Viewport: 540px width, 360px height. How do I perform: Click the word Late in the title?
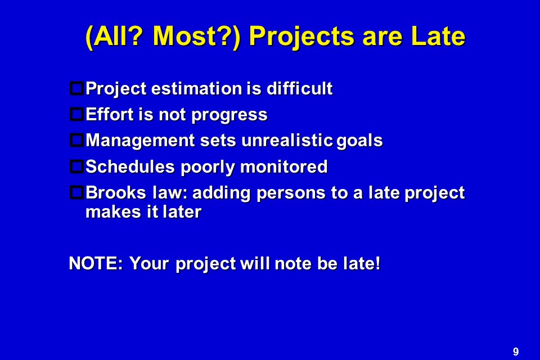click(x=438, y=36)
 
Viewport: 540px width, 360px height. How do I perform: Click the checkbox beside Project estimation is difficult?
click(x=76, y=88)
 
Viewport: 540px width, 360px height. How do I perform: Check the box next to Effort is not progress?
click(x=76, y=114)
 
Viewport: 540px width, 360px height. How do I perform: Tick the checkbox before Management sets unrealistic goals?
click(x=76, y=140)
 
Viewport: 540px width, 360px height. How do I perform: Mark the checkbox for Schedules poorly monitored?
click(x=76, y=166)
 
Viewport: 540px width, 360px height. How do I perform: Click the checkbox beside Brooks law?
click(x=76, y=192)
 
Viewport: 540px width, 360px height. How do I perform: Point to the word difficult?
click(x=300, y=88)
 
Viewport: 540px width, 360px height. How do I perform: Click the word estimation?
click(x=197, y=88)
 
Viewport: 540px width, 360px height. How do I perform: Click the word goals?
click(x=359, y=141)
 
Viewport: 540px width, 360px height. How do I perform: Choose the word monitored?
click(x=283, y=166)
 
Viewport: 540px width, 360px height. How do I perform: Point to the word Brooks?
click(x=116, y=192)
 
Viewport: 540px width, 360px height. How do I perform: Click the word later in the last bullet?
click(x=182, y=211)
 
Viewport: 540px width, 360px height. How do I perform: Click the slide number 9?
click(x=516, y=352)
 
